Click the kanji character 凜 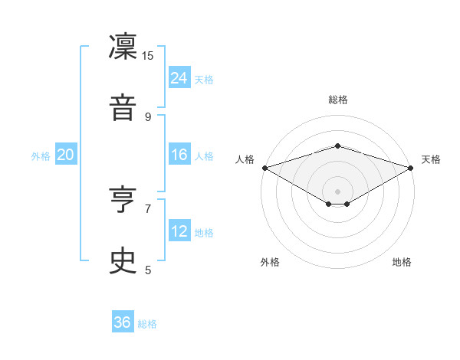pos(123,48)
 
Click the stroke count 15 pos(148,55)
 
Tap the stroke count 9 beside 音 pos(148,116)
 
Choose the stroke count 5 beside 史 pos(148,270)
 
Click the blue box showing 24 pos(179,77)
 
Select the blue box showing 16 pos(179,155)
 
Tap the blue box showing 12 pos(179,231)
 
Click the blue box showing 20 pos(66,155)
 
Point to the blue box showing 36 pos(123,322)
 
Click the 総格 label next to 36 pos(147,324)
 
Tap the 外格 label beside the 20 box pos(41,156)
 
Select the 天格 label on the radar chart pos(431,159)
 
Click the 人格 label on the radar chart pos(245,159)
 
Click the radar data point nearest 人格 pos(264,168)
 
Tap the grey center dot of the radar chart pos(337,191)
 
